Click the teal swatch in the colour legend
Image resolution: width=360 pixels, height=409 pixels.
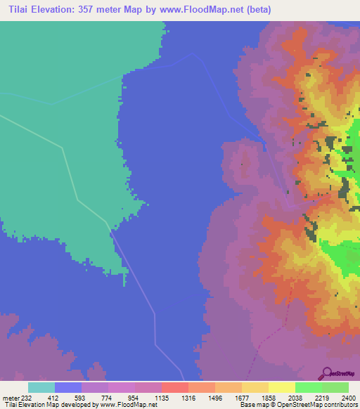tap(41, 387)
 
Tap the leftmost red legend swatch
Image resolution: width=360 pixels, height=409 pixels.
tap(174, 387)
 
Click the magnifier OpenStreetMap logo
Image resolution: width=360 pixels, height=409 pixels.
tap(326, 372)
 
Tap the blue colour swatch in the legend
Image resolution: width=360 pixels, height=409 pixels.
tap(68, 387)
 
